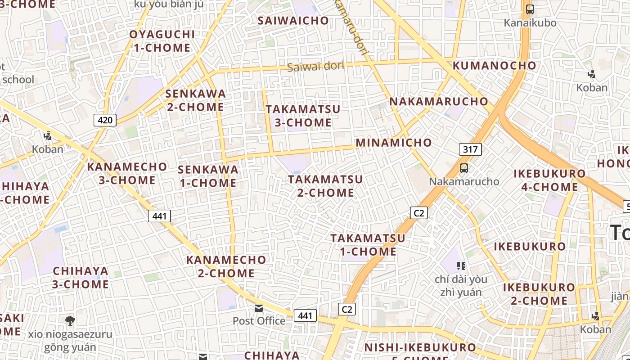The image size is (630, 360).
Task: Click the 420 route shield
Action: [105, 120]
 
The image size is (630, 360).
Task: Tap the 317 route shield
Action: [470, 149]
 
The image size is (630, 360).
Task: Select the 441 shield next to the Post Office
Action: [305, 315]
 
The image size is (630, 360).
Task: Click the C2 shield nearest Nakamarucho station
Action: [418, 213]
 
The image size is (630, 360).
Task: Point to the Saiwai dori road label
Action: [315, 67]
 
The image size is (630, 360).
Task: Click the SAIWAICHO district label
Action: [293, 21]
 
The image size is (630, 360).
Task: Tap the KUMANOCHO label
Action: [494, 66]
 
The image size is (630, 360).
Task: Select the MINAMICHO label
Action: [394, 143]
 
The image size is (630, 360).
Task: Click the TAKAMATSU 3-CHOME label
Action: [303, 116]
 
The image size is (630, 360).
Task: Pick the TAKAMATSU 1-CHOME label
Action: [368, 245]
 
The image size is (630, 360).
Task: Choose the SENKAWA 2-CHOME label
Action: [195, 100]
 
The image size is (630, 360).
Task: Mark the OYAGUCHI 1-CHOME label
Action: [162, 41]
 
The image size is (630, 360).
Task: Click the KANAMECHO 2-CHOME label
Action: [226, 266]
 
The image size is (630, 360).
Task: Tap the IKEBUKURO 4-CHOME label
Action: [549, 180]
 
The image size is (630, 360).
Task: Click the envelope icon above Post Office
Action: [259, 308]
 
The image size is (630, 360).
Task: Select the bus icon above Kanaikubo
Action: [530, 9]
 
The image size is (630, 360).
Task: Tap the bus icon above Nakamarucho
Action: [463, 168]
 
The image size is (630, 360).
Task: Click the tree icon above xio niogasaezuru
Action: [70, 321]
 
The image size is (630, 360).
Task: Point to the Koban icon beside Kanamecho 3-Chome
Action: [47, 135]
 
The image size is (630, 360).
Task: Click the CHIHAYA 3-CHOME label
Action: [81, 278]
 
